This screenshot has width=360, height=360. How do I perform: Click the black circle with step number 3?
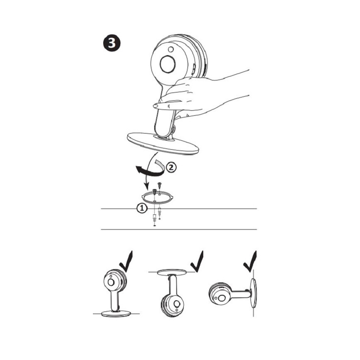(112, 44)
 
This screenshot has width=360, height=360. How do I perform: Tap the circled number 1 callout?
(142, 208)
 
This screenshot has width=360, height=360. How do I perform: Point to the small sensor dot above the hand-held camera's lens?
(170, 49)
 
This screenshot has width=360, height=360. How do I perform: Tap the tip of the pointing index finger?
(155, 106)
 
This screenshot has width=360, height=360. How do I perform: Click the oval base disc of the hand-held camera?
(163, 143)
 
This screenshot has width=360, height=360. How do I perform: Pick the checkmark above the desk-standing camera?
(126, 262)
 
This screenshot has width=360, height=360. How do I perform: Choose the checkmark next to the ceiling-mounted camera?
(197, 262)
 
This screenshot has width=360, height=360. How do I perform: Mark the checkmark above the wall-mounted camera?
(250, 262)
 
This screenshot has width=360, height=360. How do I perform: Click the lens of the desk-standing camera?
(111, 282)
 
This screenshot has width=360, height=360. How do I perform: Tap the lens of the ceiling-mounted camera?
(177, 304)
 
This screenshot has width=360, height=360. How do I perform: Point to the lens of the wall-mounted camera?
(221, 298)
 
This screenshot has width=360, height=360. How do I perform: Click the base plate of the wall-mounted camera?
(254, 293)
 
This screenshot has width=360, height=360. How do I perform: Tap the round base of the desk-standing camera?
(116, 314)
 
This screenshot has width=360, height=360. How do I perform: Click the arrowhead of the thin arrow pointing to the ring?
(145, 185)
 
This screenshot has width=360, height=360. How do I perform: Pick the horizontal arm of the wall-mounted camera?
(240, 294)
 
